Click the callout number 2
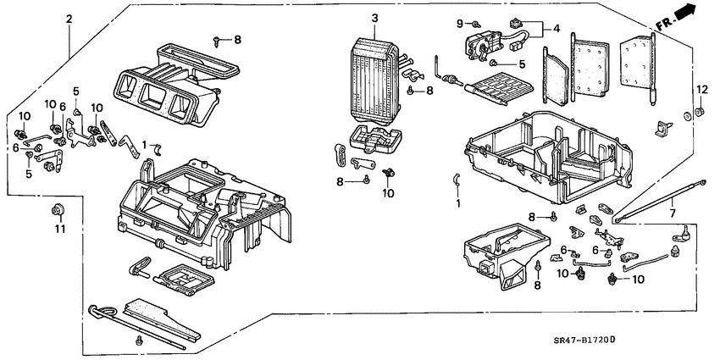69,18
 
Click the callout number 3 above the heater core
375,18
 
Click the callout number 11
59,229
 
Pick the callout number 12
701,90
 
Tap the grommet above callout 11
59,209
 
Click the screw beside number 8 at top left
219,39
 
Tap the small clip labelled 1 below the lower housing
455,179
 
